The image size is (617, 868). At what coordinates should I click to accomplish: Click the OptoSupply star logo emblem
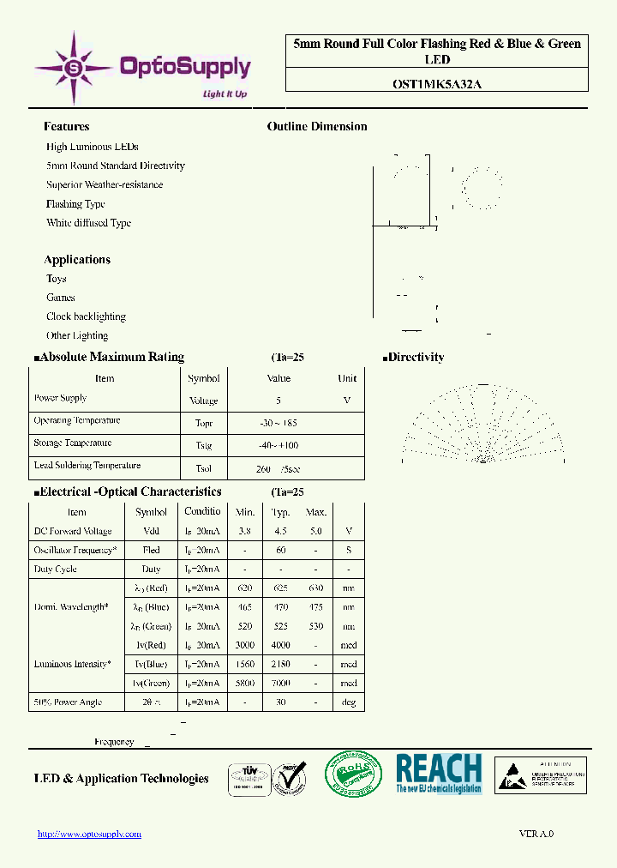(x=74, y=65)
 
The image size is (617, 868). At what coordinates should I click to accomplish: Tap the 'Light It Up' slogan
(x=225, y=94)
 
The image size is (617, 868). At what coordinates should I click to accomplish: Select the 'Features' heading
(x=66, y=126)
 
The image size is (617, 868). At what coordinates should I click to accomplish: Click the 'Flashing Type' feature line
(x=75, y=204)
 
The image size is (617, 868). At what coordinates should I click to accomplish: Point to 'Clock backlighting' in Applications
(x=86, y=316)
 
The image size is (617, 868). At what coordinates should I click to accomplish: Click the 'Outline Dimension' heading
(x=317, y=126)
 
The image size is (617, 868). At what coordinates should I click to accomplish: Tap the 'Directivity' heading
(x=416, y=357)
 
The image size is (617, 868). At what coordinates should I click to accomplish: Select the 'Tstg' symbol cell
(x=203, y=446)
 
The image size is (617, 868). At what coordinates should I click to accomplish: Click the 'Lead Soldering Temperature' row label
(x=87, y=465)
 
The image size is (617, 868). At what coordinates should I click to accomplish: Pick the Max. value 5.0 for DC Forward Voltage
(x=316, y=531)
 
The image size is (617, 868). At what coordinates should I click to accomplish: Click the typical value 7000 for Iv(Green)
(x=281, y=683)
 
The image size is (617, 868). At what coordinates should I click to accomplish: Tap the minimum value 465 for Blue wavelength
(x=245, y=607)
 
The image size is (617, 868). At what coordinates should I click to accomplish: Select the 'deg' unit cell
(x=348, y=702)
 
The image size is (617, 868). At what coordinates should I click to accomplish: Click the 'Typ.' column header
(x=281, y=512)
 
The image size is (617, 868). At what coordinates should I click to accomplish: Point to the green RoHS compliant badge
(x=355, y=775)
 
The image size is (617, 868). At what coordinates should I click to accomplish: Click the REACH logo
(x=439, y=773)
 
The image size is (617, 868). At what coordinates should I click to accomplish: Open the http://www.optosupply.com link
(x=90, y=834)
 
